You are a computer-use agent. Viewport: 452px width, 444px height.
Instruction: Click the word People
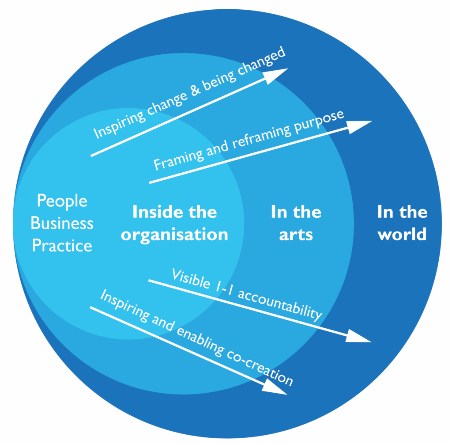coord(62,201)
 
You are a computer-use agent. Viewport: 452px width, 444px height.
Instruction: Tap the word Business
coord(62,223)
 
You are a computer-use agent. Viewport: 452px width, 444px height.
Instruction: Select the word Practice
coord(62,246)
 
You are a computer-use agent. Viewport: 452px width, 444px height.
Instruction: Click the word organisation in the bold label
coord(174,234)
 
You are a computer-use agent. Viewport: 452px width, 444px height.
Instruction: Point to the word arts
coord(296,234)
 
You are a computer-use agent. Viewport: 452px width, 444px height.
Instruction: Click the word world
coord(402,234)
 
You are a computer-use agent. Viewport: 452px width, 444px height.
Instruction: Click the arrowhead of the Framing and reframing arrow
coord(361,125)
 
